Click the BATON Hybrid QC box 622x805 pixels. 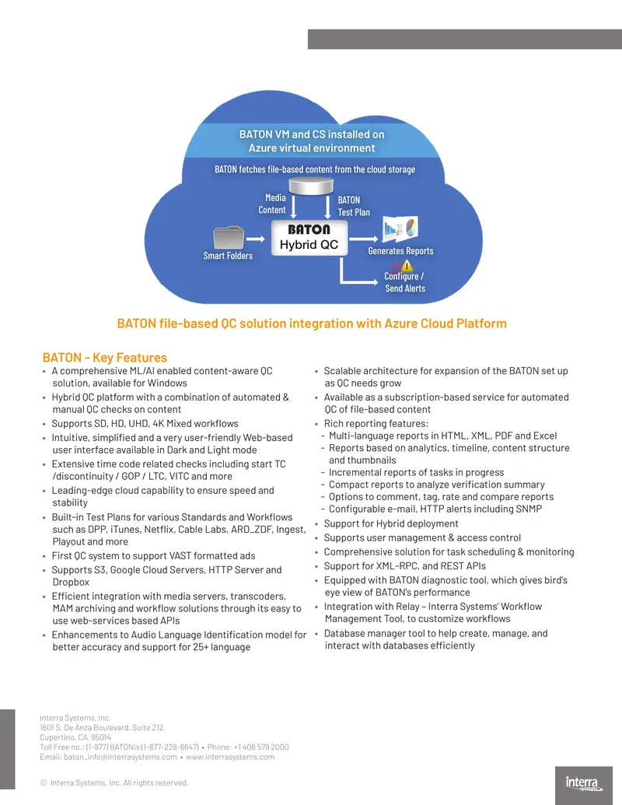(x=309, y=238)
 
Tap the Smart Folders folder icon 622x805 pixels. (x=229, y=238)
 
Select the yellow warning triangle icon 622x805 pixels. (x=407, y=265)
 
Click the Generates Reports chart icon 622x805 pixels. (x=400, y=228)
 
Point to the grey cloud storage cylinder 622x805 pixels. (x=311, y=186)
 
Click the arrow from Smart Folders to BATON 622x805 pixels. (x=256, y=239)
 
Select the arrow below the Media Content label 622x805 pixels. (x=294, y=206)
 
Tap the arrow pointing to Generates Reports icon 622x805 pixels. (x=363, y=239)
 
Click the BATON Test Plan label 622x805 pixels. (x=354, y=206)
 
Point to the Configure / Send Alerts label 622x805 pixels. (x=405, y=282)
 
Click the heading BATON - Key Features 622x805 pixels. (x=105, y=357)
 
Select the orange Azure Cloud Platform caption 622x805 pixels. (x=312, y=324)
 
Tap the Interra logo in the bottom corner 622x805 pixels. (x=584, y=784)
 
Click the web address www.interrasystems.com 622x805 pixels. (x=230, y=757)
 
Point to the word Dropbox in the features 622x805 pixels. (x=71, y=583)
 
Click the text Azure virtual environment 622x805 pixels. (x=312, y=148)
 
